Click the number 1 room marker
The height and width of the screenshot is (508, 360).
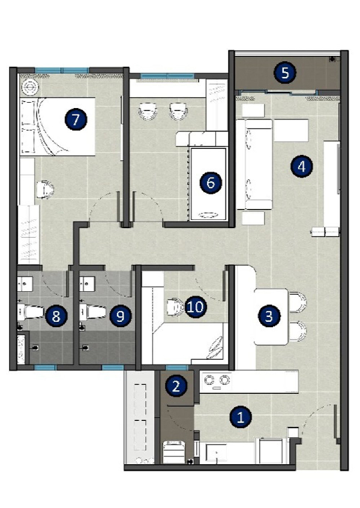coord(241,417)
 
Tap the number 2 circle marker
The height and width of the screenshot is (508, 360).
coord(176,386)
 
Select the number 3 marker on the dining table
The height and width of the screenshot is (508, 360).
coord(269,316)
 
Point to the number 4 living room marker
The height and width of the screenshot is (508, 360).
coord(302,166)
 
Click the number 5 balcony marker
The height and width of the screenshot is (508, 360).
coord(285,73)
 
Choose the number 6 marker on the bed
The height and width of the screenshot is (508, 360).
coord(211,183)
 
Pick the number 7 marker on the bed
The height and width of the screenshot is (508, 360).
coord(76,119)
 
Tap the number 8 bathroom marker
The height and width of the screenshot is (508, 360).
coord(56,316)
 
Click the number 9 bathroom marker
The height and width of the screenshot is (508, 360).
coord(121,316)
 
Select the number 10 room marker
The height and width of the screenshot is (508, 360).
coord(196,306)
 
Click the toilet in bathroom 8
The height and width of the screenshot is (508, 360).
coord(31,312)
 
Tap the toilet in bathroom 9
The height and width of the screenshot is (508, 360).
coord(93,312)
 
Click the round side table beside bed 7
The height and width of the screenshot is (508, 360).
coord(30,87)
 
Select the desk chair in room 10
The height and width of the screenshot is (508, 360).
coord(174,306)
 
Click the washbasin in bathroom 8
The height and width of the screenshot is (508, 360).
coord(25,284)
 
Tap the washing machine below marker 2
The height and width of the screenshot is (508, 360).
coord(174,452)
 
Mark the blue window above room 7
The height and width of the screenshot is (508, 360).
coord(62,70)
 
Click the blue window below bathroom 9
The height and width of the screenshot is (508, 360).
coord(113,367)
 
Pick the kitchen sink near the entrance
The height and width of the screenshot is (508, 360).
coord(216,452)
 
